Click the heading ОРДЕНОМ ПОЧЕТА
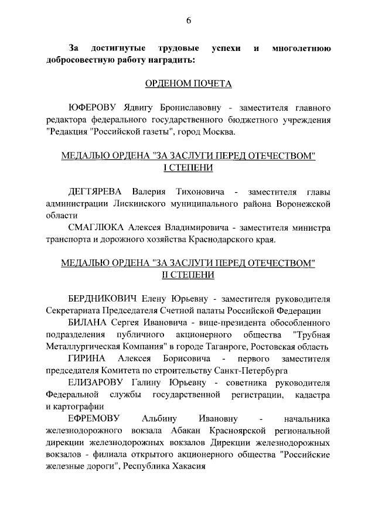[x=188, y=84]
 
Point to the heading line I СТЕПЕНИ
[x=188, y=168]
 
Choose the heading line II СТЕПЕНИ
[x=188, y=275]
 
